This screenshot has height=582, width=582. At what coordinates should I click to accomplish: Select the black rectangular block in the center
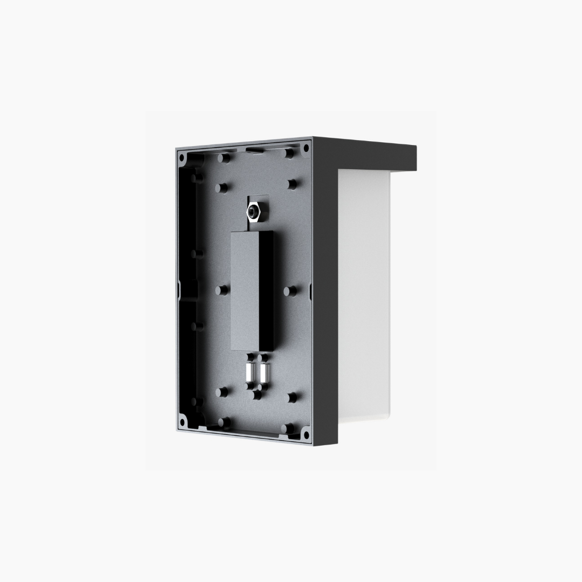coord(252,291)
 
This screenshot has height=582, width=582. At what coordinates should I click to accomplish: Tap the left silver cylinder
coord(250,372)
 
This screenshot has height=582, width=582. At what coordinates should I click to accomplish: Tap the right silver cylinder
coord(264,372)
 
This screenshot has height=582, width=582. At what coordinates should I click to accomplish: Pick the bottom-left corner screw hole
coord(183,421)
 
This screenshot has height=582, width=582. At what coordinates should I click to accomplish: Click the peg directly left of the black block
coord(220,290)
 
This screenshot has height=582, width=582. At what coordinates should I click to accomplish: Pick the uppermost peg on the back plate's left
coord(221,157)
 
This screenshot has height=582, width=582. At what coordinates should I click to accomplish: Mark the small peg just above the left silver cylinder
coord(250,357)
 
